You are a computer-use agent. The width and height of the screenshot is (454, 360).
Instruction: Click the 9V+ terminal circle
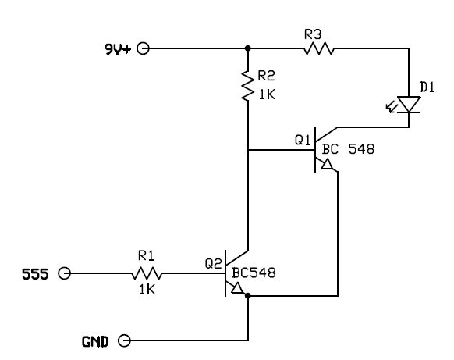point(143,48)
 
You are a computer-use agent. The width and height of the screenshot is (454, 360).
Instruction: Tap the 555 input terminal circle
point(64,273)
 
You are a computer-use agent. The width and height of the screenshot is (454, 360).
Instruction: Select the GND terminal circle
point(125,340)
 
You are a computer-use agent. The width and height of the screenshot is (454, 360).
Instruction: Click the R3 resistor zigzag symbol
point(319,48)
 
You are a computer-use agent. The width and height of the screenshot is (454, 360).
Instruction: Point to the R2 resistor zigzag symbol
point(248,85)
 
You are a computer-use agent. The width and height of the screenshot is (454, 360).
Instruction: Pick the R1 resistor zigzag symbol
point(147,273)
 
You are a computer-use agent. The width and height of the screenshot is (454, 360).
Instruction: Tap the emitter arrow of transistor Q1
point(328,164)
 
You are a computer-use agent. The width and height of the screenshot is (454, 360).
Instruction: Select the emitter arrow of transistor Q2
point(237,288)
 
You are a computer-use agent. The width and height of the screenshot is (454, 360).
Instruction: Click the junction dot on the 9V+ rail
point(248,48)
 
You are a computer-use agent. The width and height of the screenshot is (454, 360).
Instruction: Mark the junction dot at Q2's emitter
point(248,296)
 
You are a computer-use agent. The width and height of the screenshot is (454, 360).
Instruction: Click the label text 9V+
point(118,49)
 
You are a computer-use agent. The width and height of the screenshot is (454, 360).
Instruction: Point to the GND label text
point(95,342)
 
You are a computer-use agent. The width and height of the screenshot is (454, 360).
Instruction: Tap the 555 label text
point(35,274)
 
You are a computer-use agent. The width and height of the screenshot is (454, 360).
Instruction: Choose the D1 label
point(427,87)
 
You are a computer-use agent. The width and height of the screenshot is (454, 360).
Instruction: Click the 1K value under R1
point(147,290)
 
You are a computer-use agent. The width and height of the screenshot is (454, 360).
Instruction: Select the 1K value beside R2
point(267,94)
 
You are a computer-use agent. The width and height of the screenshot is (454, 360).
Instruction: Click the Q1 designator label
point(303,141)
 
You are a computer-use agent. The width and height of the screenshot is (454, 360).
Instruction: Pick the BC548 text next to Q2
point(254,273)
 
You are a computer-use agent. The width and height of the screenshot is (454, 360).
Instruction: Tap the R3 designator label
point(313,35)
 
